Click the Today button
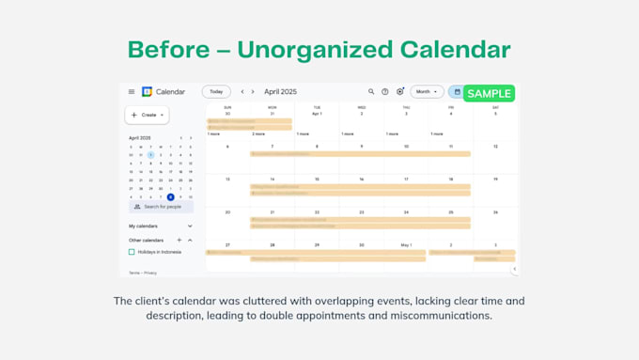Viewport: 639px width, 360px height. click(216, 92)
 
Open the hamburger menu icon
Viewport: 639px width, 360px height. click(132, 92)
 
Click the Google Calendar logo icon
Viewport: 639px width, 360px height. click(147, 92)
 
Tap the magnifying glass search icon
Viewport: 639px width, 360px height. click(371, 92)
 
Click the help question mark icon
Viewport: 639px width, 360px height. click(385, 92)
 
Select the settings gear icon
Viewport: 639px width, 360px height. click(399, 92)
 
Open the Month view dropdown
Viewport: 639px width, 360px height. click(427, 92)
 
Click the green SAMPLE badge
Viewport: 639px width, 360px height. click(489, 93)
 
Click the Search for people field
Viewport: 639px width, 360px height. click(162, 206)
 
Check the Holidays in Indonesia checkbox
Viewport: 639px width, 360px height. click(132, 252)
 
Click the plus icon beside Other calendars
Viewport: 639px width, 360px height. click(179, 240)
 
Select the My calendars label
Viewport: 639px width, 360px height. click(144, 226)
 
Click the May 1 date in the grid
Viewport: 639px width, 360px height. click(406, 244)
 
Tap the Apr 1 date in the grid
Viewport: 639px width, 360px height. click(317, 113)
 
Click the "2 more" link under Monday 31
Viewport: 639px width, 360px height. click(258, 133)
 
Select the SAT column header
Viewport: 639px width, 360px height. click(495, 107)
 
